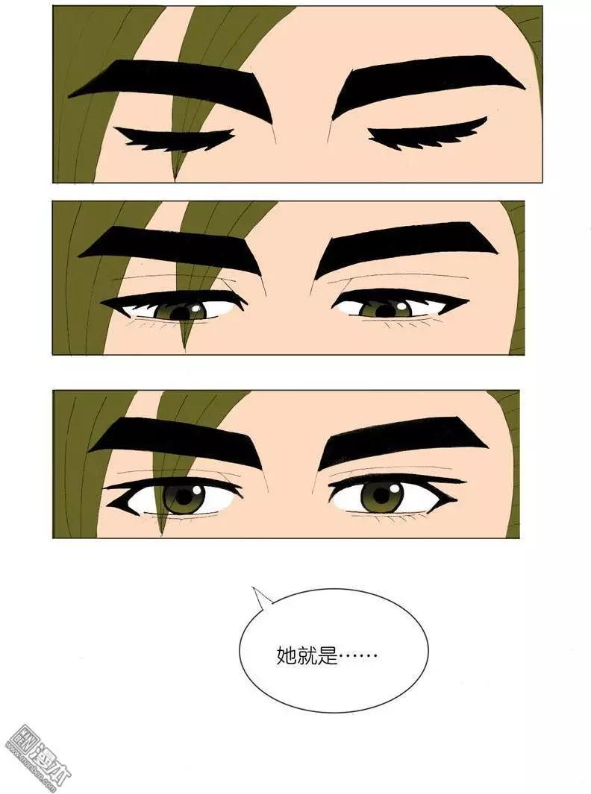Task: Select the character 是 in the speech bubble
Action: [328, 656]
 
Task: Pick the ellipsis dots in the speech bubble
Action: [359, 657]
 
